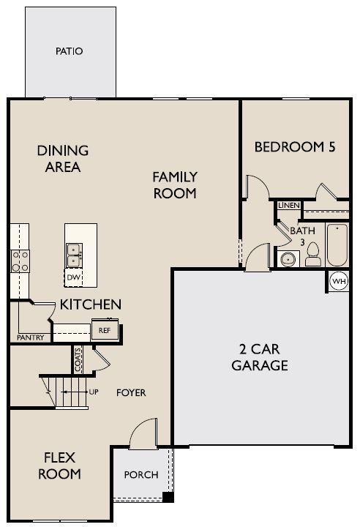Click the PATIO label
(69, 51)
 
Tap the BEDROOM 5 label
(295, 147)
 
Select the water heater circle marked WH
(339, 281)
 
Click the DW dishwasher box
(73, 277)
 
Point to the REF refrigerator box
(105, 330)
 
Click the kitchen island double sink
(75, 255)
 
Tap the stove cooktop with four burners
(20, 261)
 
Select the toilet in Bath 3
(313, 255)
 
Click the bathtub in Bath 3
(337, 244)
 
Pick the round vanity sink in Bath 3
(288, 259)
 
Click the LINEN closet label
(289, 205)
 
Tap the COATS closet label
(78, 359)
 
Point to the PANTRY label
(30, 337)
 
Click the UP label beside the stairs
(94, 392)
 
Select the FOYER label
(131, 392)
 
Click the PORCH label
(140, 474)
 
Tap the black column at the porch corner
(168, 497)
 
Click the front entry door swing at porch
(144, 433)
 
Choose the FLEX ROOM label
(59, 466)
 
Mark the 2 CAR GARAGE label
(260, 357)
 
